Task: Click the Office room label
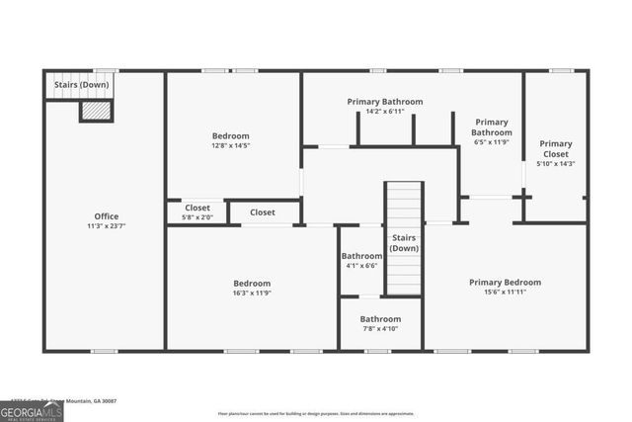click(x=107, y=216)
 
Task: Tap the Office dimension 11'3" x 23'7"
click(x=107, y=226)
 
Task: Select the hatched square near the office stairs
click(x=97, y=112)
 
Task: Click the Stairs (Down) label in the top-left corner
click(x=81, y=85)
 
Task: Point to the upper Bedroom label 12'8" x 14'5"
click(x=231, y=140)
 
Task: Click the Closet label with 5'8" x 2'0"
click(x=197, y=212)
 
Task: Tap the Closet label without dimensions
click(x=263, y=212)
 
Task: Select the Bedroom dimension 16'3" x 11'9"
click(x=252, y=293)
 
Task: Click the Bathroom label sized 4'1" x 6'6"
click(x=362, y=261)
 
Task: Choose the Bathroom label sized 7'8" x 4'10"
click(x=380, y=324)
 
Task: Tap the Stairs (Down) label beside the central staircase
click(x=404, y=243)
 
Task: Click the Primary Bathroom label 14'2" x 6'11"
click(x=385, y=107)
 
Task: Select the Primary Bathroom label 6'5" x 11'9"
click(x=491, y=131)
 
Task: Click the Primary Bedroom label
click(x=505, y=282)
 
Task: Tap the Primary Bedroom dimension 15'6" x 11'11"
click(x=505, y=293)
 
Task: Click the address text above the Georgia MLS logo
click(x=59, y=401)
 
